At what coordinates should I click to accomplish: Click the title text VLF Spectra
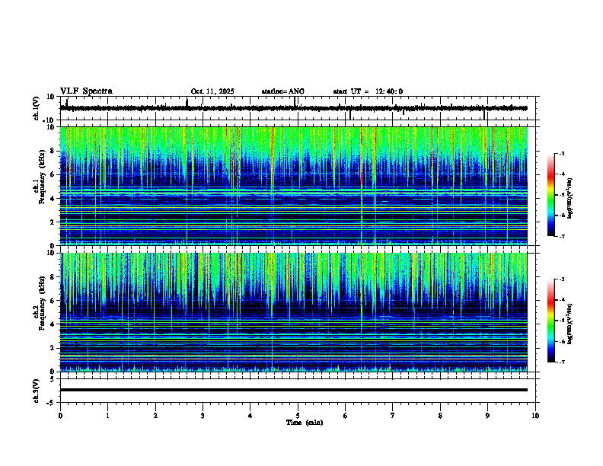click(x=86, y=91)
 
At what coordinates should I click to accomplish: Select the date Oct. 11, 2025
click(x=212, y=91)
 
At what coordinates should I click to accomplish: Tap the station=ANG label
click(x=282, y=91)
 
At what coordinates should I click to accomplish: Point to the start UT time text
click(x=368, y=91)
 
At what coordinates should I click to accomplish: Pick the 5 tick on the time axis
click(x=298, y=416)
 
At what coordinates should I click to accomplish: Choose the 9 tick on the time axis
click(x=488, y=416)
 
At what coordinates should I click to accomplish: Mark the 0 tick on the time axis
click(x=60, y=416)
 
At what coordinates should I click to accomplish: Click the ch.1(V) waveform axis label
click(x=37, y=108)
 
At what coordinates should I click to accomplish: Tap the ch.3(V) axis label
click(x=37, y=390)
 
